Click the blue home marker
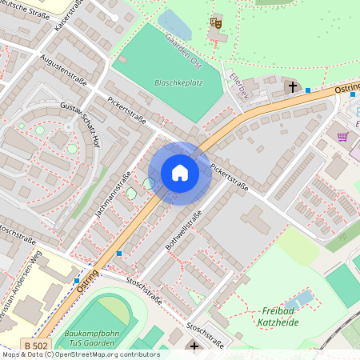(x=180, y=173)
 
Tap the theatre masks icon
(x=214, y=23)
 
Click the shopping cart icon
(x=343, y=137)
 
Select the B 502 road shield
(x=34, y=345)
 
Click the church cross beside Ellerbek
(x=292, y=85)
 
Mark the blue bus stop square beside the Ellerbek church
(x=308, y=90)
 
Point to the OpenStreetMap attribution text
(x=80, y=354)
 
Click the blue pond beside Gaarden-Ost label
(x=176, y=26)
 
